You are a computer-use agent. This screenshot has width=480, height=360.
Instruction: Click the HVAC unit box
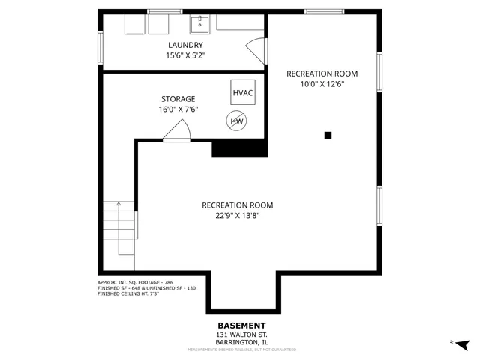243,92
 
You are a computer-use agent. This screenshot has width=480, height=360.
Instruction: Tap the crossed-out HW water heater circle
236,121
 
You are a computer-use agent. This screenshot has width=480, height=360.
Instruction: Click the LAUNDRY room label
184,45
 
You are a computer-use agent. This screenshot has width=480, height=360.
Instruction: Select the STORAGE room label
178,99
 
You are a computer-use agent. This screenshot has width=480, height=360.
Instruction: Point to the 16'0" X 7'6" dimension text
178,109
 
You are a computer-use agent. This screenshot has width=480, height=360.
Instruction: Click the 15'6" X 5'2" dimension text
184,55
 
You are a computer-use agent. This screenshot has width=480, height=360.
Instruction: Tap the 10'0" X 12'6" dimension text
322,84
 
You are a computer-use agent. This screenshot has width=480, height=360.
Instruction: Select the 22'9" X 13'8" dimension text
237,215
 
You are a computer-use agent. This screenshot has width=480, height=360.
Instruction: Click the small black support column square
328,135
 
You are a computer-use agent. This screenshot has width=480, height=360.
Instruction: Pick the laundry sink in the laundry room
200,25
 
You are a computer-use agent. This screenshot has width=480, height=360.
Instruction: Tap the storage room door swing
177,132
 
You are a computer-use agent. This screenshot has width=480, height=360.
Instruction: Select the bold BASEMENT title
241,325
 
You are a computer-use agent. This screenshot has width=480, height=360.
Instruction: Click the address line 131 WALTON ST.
241,334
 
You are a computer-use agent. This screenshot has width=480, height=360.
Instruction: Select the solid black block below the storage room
240,148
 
